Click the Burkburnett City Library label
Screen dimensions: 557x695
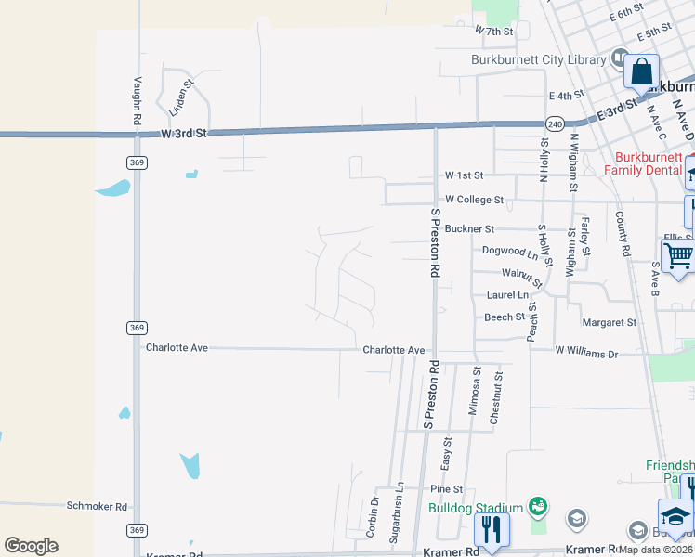point(538,59)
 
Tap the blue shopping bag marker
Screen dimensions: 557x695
point(641,71)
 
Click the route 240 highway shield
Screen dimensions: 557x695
point(555,123)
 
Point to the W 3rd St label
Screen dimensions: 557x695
point(182,134)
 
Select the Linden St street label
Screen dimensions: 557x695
point(179,97)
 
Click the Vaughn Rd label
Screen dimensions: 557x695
point(137,101)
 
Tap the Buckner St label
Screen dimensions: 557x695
point(470,228)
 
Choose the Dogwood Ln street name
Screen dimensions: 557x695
point(510,251)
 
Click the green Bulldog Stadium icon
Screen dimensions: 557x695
point(536,506)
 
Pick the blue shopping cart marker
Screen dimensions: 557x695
point(678,254)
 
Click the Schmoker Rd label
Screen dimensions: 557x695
point(97,506)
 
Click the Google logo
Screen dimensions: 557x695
point(31,546)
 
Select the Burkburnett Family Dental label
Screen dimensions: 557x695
point(649,163)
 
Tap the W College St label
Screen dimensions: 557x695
point(474,200)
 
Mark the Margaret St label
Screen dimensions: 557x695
point(609,323)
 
